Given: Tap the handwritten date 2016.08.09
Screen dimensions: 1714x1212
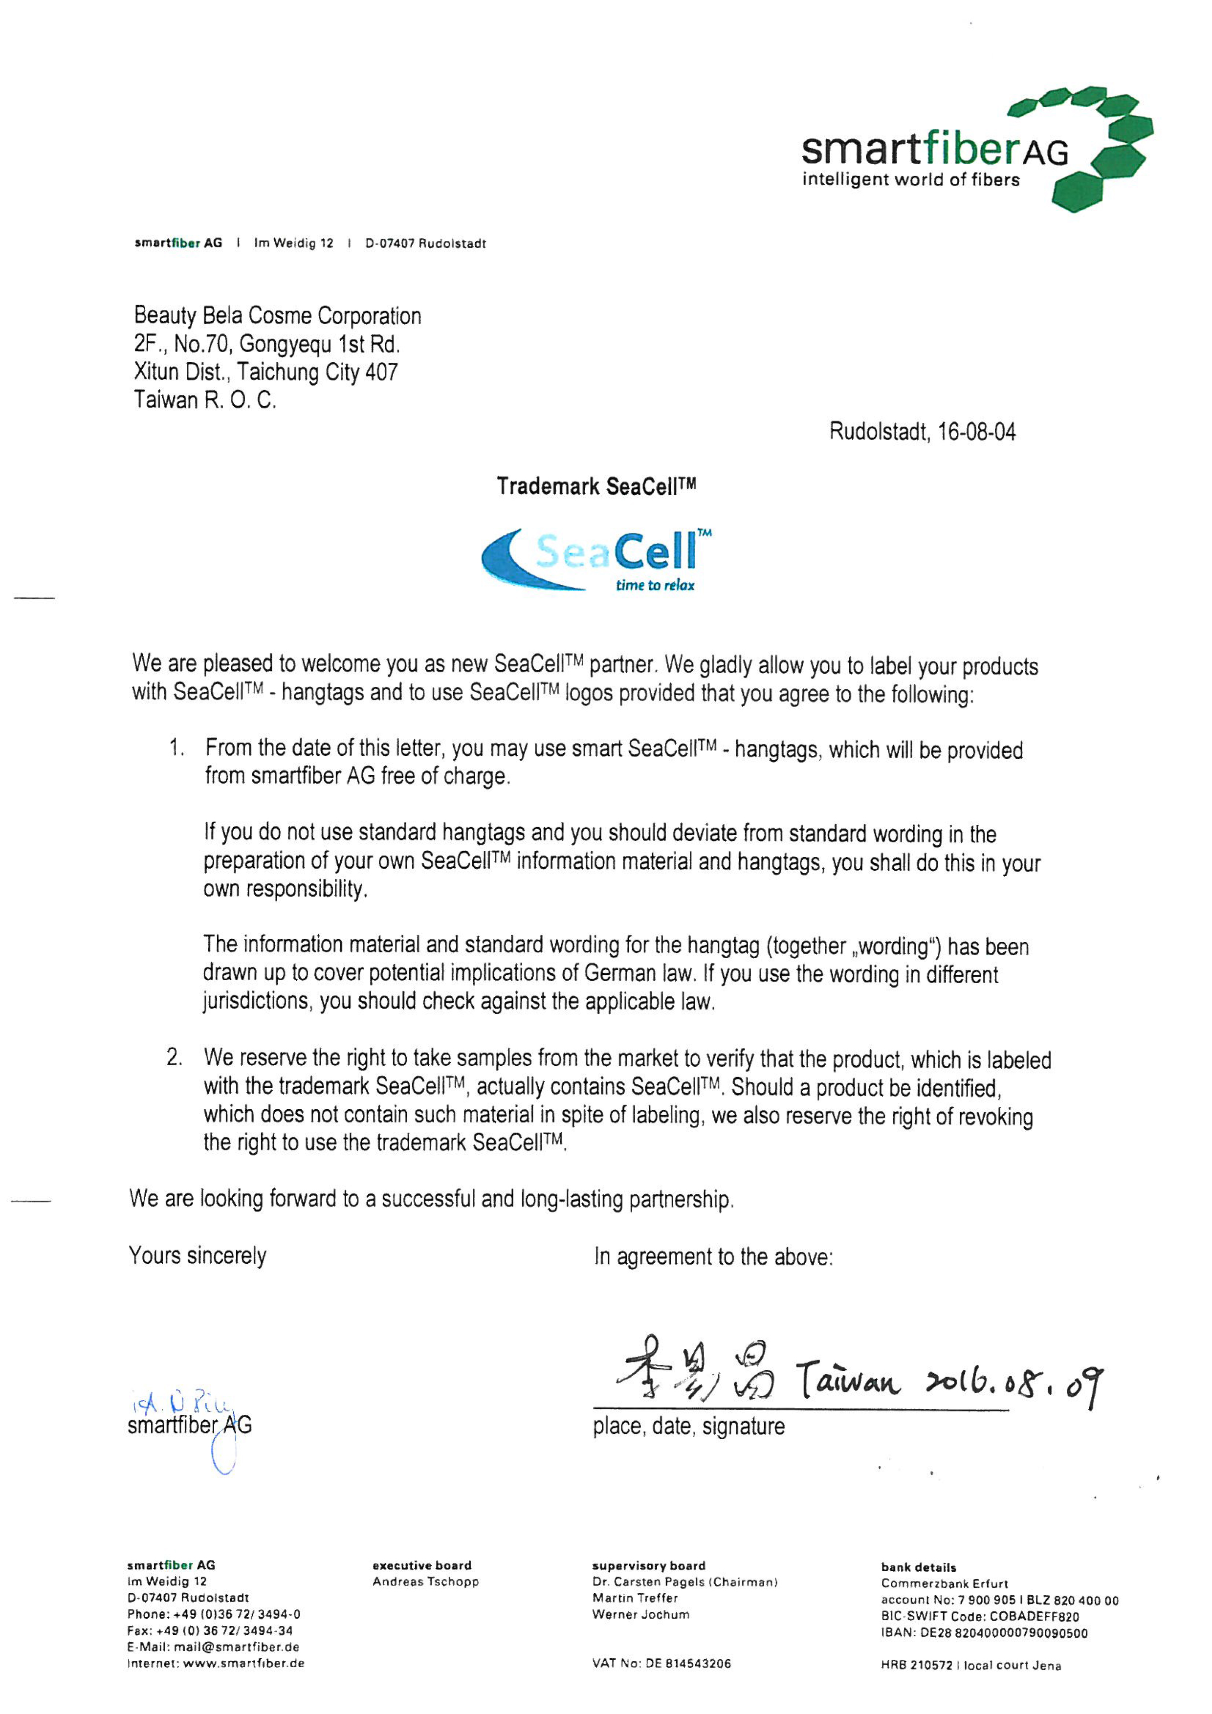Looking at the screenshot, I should tap(1013, 1385).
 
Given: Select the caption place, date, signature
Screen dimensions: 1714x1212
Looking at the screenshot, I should tap(688, 1426).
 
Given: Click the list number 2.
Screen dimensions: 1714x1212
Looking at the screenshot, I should tap(174, 1057).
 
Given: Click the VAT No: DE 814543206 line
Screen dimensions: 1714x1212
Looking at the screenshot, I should tap(661, 1663).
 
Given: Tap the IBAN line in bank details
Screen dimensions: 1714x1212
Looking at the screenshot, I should tap(984, 1633).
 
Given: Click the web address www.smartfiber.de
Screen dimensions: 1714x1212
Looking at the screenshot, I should tap(243, 1663).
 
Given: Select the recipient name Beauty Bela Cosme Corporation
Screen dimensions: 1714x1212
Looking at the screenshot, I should tap(277, 316).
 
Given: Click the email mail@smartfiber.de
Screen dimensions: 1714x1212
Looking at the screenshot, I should tap(236, 1647).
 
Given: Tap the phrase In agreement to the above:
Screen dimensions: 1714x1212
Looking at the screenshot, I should tap(713, 1256).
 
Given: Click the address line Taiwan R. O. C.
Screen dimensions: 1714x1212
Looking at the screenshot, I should tap(205, 400).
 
